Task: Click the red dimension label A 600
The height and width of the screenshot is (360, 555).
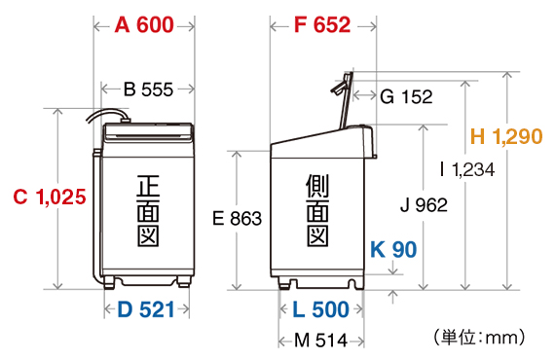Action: click(144, 25)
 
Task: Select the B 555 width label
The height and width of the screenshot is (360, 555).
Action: click(148, 90)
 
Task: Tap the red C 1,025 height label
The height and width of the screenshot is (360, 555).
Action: click(50, 197)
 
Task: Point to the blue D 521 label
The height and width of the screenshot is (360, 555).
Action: click(146, 309)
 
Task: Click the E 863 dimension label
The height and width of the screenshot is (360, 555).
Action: click(238, 218)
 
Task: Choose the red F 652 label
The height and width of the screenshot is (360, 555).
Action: click(322, 25)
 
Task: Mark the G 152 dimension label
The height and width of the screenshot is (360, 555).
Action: click(406, 96)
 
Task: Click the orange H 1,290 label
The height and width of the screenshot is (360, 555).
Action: click(506, 136)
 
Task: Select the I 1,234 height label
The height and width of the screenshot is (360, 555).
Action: click(466, 169)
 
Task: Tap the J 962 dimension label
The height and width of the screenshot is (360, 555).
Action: click(424, 205)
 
